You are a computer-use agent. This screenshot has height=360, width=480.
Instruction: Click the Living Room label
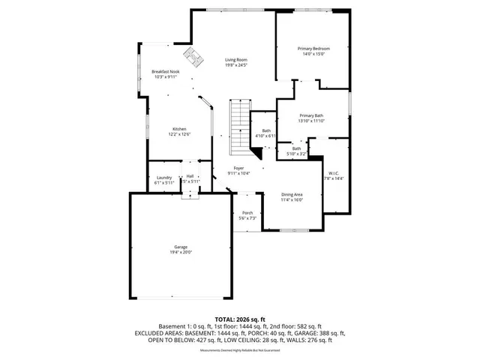(237, 60)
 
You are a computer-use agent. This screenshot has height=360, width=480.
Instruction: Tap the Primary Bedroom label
(314, 49)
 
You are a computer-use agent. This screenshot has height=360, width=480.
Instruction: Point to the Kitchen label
(179, 128)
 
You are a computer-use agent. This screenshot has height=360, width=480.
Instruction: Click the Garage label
(181, 247)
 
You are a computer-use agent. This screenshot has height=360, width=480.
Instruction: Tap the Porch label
(247, 213)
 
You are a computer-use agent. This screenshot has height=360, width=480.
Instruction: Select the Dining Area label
(292, 194)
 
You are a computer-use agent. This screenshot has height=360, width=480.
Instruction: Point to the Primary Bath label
(313, 115)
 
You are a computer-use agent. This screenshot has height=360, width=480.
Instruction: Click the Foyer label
(238, 168)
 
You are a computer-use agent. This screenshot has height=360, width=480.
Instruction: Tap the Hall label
(190, 176)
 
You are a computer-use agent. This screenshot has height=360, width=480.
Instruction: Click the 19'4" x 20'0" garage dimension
(181, 253)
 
